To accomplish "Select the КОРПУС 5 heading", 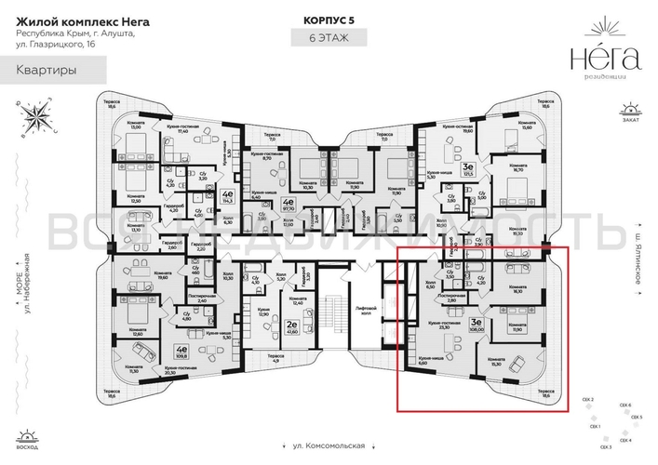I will [x=329, y=19].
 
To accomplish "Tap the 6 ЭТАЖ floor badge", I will [x=329, y=38].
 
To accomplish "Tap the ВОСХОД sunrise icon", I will [x=29, y=440].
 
